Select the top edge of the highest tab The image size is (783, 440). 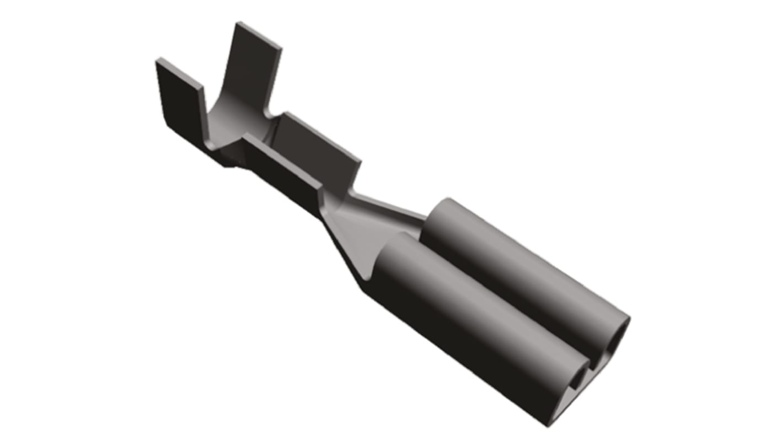tap(259, 34)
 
